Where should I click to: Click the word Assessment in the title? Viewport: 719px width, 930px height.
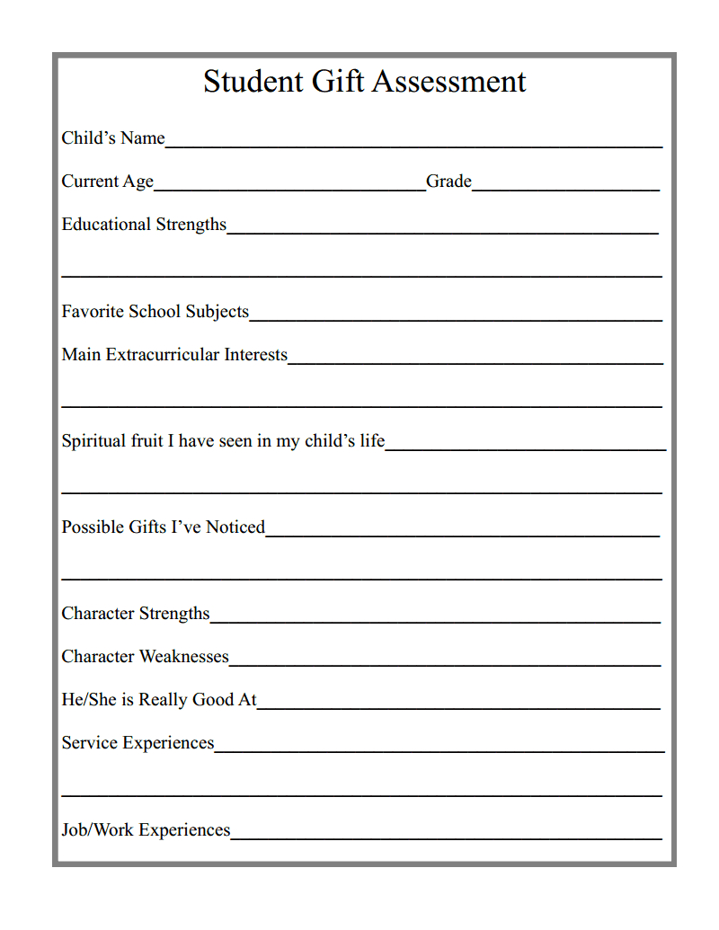click(x=448, y=82)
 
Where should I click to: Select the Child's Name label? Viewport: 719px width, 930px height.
click(x=113, y=138)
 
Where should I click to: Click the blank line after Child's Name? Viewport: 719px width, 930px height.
click(x=413, y=144)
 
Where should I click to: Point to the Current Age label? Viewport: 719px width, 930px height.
click(x=108, y=182)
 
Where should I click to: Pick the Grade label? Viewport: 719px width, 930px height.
click(x=448, y=182)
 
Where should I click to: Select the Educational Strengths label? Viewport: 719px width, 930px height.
click(x=144, y=225)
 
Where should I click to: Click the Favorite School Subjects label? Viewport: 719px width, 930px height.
click(x=155, y=312)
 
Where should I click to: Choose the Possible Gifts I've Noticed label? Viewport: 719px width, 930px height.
click(x=163, y=527)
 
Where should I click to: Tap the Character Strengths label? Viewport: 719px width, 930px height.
click(x=135, y=614)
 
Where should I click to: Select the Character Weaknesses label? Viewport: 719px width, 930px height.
click(x=145, y=657)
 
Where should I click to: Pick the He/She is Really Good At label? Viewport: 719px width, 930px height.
click(x=159, y=700)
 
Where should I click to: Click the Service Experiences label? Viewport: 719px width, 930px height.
click(x=138, y=743)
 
